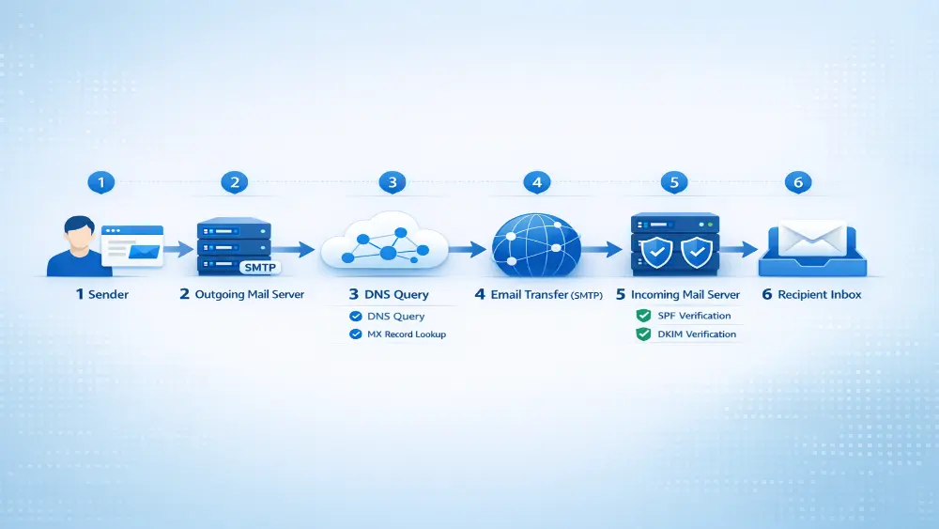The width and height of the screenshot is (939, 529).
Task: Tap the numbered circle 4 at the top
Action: pos(537,182)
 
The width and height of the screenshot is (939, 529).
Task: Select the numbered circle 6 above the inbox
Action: pos(797,182)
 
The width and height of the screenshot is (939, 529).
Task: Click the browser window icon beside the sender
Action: pos(132,246)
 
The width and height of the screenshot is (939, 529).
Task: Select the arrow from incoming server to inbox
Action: pos(742,250)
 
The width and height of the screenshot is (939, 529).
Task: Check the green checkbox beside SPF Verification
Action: pos(643,316)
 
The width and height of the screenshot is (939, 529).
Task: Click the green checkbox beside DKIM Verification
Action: pos(643,334)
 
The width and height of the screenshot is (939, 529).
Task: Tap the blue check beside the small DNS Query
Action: pos(355,317)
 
